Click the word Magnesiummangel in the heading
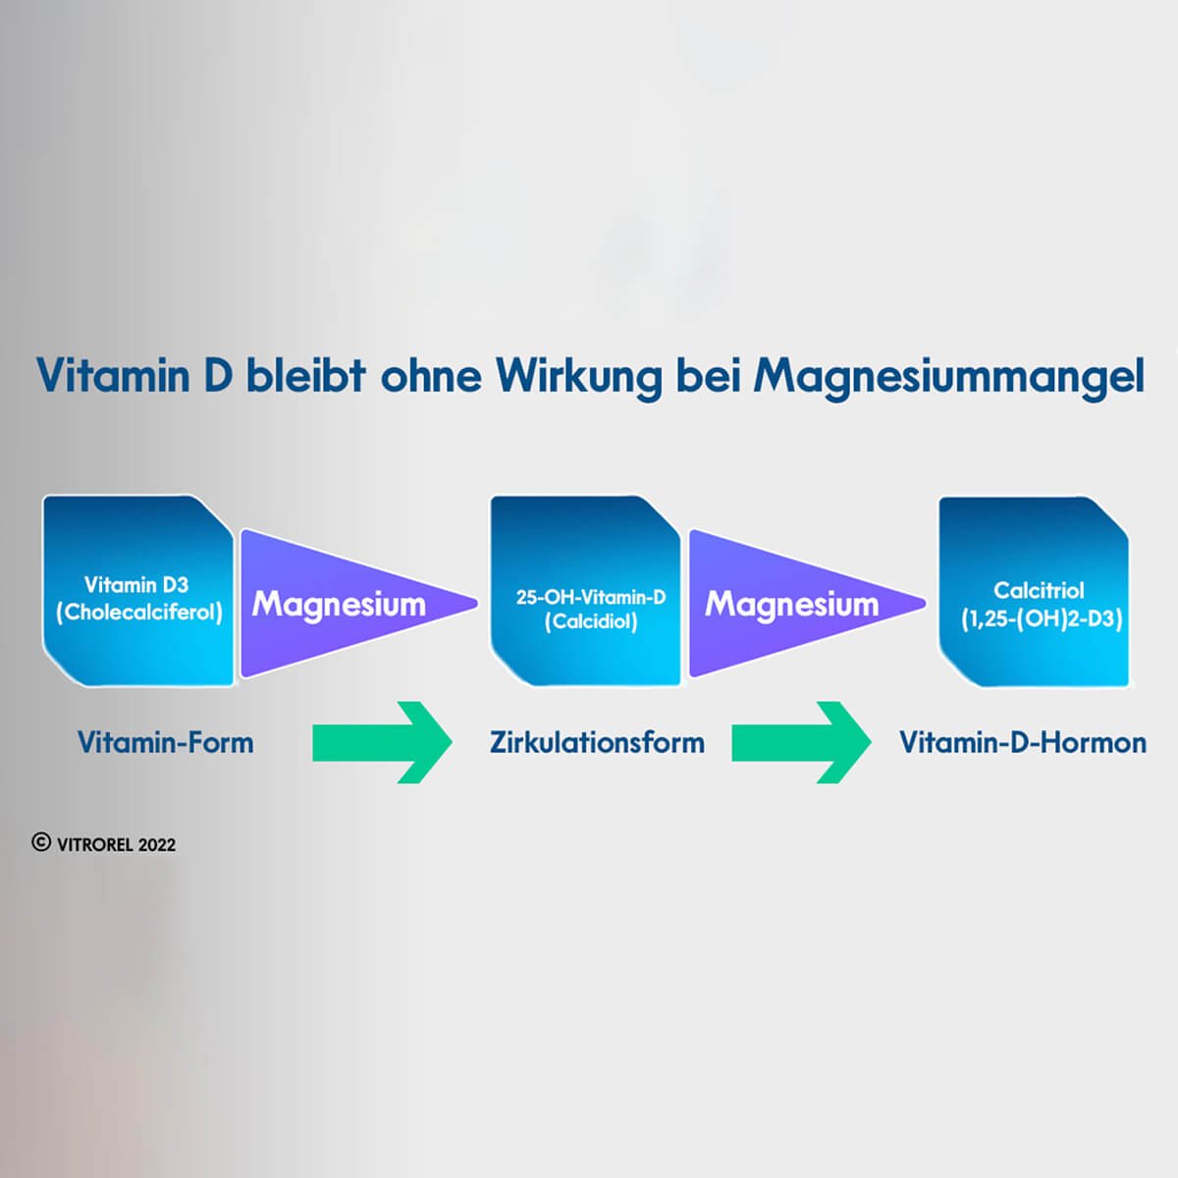(948, 377)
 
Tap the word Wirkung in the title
(578, 377)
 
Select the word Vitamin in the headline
(112, 375)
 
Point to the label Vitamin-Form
(165, 742)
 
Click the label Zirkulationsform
(597, 742)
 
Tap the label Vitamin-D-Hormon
(1023, 742)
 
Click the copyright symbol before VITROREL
(41, 842)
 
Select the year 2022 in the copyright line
(157, 844)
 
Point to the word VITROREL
(94, 844)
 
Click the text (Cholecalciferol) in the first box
(139, 613)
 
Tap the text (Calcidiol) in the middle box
(591, 621)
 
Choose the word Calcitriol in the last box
(1039, 590)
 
